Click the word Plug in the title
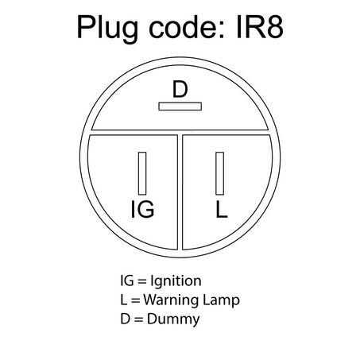point(107,28)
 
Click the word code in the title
point(186,27)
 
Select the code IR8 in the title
point(259,27)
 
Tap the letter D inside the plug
point(180,90)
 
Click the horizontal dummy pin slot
point(180,106)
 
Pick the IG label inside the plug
point(142,209)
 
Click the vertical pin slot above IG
point(142,173)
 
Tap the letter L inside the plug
point(222,209)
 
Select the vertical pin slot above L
point(220,173)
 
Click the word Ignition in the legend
point(176,281)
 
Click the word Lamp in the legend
point(221,300)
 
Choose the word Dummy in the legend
point(173,319)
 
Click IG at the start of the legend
point(127,281)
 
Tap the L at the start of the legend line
point(123,300)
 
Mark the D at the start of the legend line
point(125,319)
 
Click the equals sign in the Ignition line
point(142,281)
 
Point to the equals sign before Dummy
point(138,319)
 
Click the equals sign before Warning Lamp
point(135,300)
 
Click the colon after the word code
point(226,29)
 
